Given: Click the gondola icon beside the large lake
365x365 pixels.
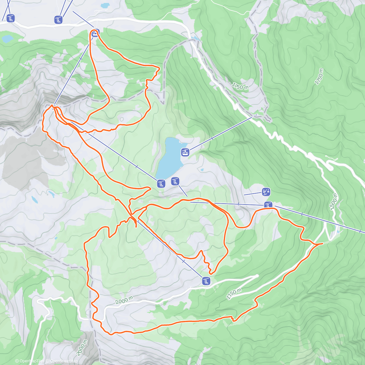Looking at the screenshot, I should tap(185, 152).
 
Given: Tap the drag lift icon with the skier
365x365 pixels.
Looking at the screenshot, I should tap(266, 192).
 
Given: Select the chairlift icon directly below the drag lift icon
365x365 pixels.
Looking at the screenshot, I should tap(268, 205).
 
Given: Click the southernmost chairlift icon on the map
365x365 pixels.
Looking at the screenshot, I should tap(206, 281).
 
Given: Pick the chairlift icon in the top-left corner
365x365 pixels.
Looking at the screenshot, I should tap(11, 18).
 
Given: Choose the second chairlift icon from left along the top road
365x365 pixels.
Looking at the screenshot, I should tap(58, 20).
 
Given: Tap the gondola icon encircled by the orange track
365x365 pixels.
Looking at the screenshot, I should tap(95, 33).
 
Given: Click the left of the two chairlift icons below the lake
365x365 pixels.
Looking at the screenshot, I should tap(161, 183).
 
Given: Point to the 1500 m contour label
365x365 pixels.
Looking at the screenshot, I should tap(333, 201).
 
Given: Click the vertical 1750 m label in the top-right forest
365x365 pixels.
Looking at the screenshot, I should tap(319, 77).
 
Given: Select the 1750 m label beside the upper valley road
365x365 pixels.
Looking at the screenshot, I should tap(240, 86).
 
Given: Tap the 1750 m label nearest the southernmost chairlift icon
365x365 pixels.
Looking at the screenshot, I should tap(234, 294).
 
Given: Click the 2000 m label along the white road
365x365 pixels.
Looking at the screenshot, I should tap(124, 301).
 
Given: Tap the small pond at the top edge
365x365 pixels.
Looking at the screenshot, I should tap(105, 5).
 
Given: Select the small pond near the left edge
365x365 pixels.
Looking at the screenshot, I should tap(7, 39).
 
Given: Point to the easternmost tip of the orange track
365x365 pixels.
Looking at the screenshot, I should tap(322, 243).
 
